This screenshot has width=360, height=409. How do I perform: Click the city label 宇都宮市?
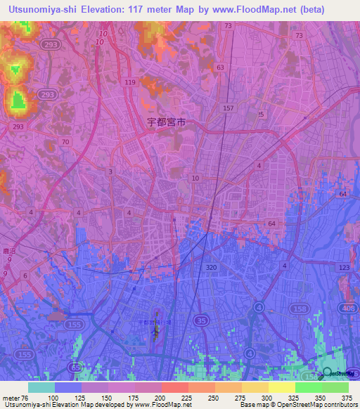(x=167, y=122)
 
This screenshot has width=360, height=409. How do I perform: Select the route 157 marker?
(x=228, y=108)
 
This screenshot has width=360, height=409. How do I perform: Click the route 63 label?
(x=221, y=67)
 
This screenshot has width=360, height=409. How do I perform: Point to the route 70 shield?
(x=65, y=142)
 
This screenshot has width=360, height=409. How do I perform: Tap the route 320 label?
(x=211, y=268)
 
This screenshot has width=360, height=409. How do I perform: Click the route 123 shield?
(x=344, y=268)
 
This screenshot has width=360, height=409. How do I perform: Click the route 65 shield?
(x=75, y=367)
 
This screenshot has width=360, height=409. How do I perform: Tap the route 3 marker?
(x=110, y=171)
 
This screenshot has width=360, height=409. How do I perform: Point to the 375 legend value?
(x=347, y=397)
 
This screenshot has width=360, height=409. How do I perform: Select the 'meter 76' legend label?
(x=14, y=397)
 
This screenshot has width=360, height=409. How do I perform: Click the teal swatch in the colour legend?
(x=41, y=387)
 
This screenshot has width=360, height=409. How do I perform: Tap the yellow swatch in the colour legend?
(x=282, y=387)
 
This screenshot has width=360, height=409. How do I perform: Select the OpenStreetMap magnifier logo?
(x=327, y=373)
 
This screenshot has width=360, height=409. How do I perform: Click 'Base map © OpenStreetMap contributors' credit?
(x=296, y=405)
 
